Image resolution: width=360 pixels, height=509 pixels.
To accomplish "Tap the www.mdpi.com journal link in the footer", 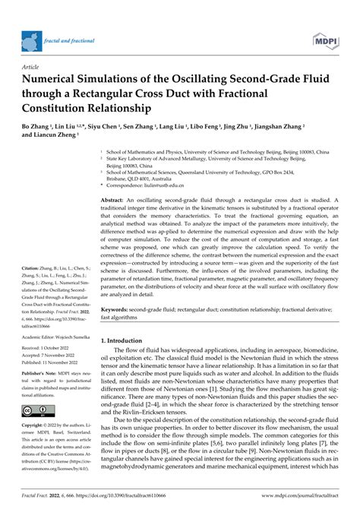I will click(300, 498).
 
